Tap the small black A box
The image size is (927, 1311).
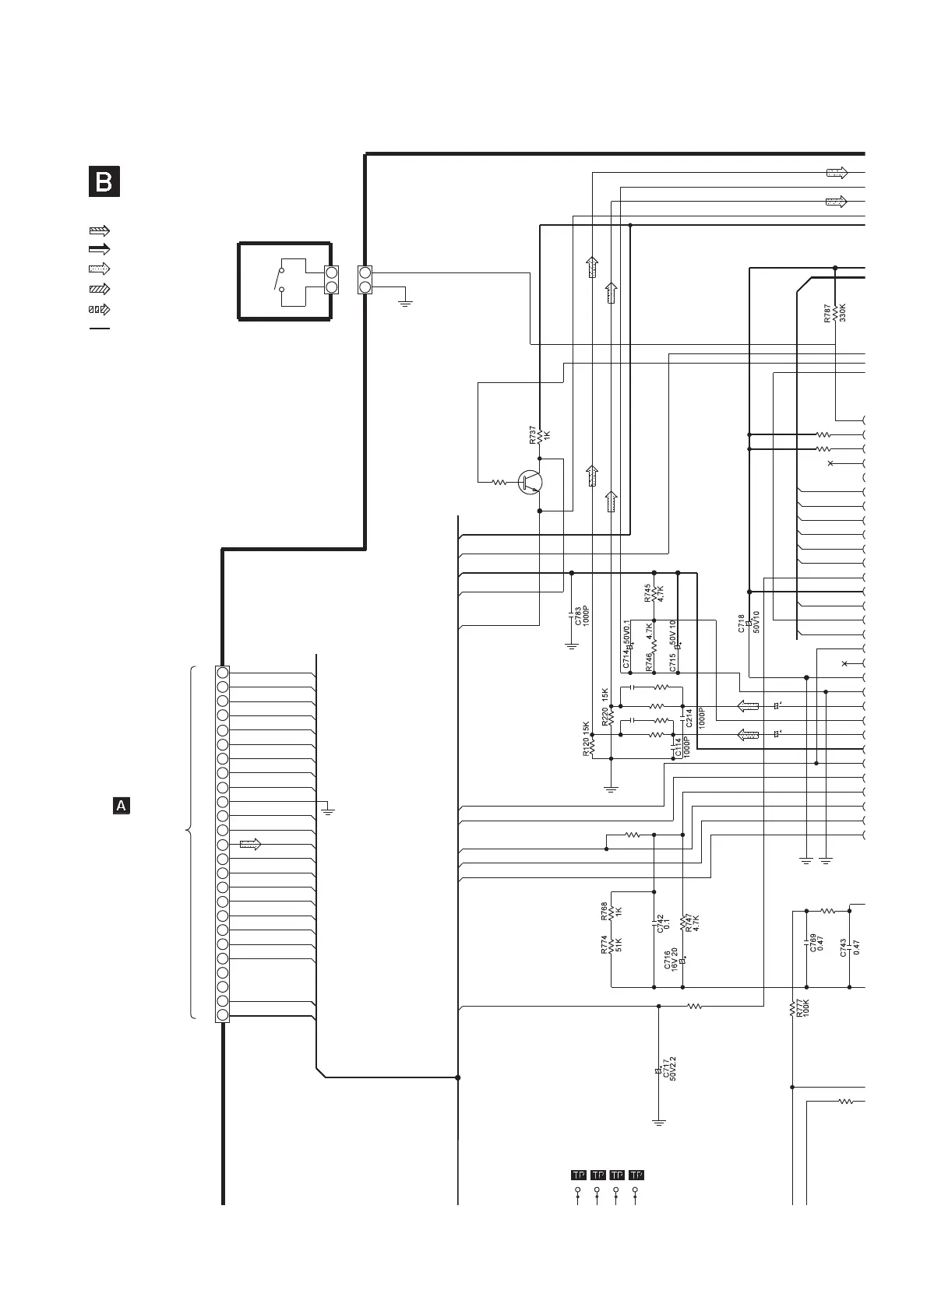[x=122, y=806]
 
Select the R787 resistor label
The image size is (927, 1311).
[x=827, y=314]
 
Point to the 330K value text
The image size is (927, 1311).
[x=842, y=313]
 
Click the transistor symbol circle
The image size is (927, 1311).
[x=530, y=482]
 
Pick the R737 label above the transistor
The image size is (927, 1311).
[x=532, y=435]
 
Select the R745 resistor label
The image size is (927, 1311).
[x=648, y=593]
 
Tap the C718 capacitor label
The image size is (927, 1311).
[x=742, y=624]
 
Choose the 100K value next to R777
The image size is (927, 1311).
[x=806, y=1010]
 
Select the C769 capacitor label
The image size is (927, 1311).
[x=812, y=943]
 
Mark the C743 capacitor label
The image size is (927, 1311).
[x=844, y=947]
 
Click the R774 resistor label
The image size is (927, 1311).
[x=604, y=945]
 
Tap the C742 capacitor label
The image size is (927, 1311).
[x=661, y=924]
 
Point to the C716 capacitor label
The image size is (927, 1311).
[x=667, y=960]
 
